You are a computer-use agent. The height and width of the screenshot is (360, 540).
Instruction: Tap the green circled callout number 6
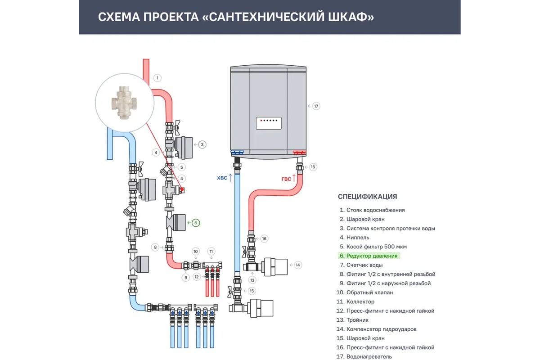196,222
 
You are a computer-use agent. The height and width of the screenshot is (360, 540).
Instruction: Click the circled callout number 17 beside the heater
316,106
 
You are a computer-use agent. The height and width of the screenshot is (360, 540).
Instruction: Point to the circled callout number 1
157,78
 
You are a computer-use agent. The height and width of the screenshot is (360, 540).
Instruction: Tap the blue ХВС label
222,178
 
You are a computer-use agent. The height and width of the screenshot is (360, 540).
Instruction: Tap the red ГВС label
286,179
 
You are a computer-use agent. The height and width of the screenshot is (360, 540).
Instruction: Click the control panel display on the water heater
269,123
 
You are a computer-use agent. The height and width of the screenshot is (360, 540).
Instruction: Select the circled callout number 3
202,144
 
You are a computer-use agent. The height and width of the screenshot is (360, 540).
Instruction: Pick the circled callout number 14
298,265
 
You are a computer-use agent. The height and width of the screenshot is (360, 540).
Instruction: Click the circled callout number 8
155,247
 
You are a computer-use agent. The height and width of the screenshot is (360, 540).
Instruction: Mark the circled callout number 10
195,251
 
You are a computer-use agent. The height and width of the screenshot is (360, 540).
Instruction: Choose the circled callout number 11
211,251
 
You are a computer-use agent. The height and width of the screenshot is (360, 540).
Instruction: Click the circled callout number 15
252,291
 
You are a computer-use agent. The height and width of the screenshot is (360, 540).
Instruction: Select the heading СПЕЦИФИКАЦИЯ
367,197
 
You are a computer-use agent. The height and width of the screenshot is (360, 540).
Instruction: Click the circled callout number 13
252,280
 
